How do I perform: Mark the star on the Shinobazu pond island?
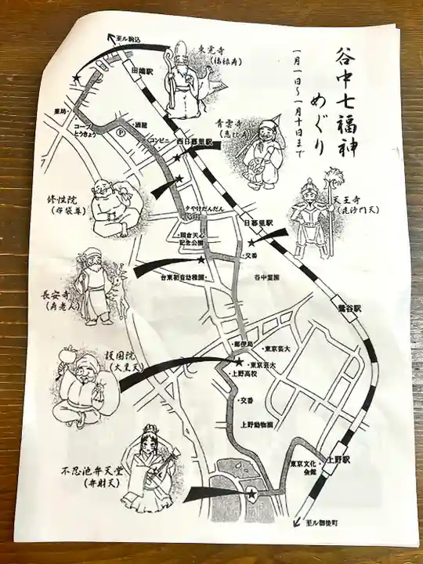point(252,493)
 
